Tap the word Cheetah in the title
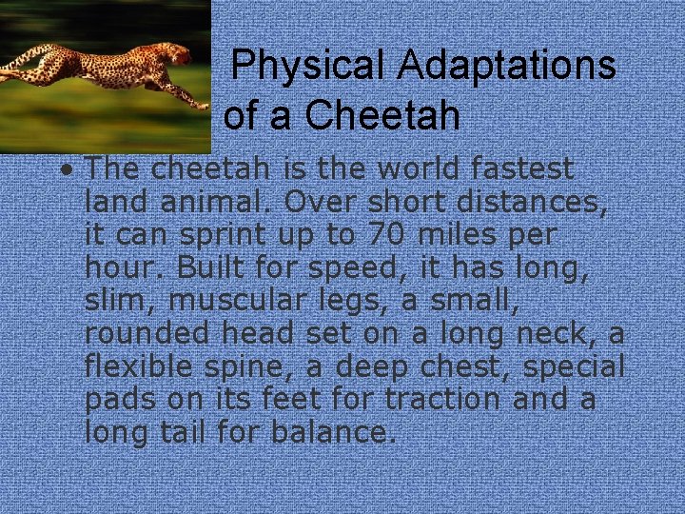pyautogui.click(x=382, y=116)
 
